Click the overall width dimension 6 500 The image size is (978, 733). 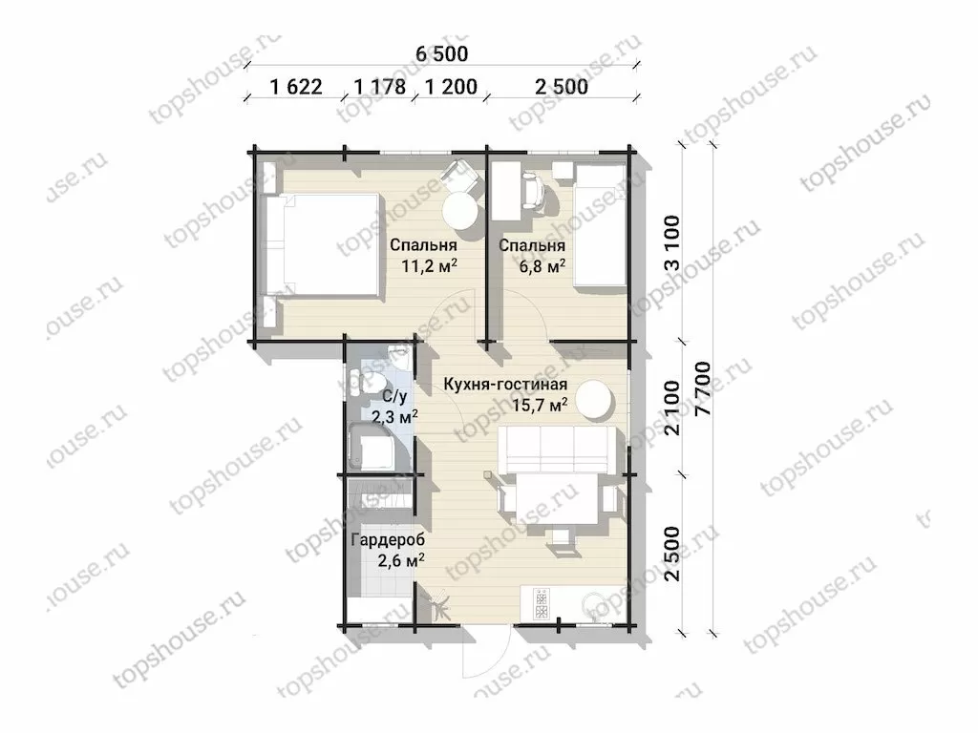441,53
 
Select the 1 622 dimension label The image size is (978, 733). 296,87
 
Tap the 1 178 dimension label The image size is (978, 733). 380,87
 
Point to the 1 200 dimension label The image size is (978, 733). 451,87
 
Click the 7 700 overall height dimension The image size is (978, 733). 702,389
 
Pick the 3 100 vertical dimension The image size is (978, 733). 671,242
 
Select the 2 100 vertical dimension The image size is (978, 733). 671,408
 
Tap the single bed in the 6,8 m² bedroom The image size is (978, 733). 600,225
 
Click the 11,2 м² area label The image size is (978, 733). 429,266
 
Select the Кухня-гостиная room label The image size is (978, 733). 505,384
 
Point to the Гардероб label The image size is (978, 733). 388,540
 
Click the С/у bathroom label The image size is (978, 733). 394,396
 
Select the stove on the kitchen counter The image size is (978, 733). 541,603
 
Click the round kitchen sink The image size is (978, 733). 594,605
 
